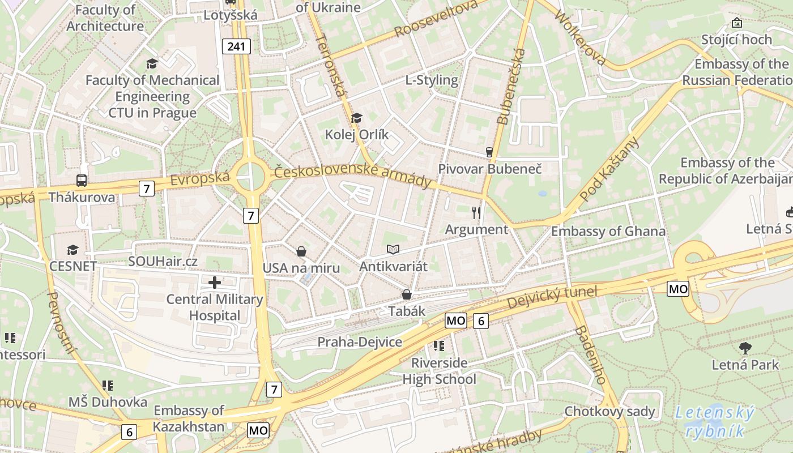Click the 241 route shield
[x=236, y=46]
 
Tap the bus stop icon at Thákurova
[x=82, y=181]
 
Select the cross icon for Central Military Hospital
[x=215, y=282]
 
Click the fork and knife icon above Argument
[x=476, y=212]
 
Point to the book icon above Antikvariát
[x=393, y=249]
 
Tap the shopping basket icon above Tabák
[x=406, y=294]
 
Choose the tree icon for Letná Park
[x=745, y=348]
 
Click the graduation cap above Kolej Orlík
[x=356, y=118]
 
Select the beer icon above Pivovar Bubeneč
[x=489, y=152]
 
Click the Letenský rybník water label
[x=715, y=422]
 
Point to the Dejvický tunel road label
[x=552, y=297]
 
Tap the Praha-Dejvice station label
[x=360, y=342]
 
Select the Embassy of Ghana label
[x=608, y=231]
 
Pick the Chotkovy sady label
[x=609, y=411]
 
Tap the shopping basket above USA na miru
[x=301, y=251]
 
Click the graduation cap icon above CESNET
[x=73, y=250]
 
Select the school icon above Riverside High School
[x=439, y=345]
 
